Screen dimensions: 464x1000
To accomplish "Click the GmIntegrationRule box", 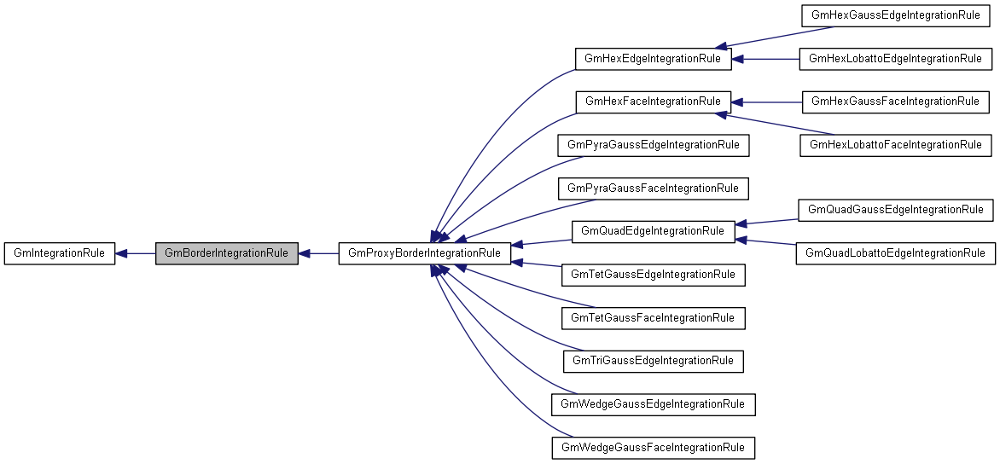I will click(x=59, y=253).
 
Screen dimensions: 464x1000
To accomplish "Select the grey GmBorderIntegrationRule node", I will click(x=226, y=253).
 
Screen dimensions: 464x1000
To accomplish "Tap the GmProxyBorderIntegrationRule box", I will click(x=425, y=253).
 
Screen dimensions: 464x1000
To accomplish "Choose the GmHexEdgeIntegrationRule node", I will click(x=653, y=59).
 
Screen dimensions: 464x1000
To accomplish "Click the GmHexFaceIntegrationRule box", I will click(x=653, y=101).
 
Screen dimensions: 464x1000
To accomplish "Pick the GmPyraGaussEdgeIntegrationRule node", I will click(x=653, y=145).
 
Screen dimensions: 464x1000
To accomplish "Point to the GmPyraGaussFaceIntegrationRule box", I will click(x=653, y=188).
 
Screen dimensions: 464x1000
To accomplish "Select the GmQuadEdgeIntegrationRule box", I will click(x=653, y=231).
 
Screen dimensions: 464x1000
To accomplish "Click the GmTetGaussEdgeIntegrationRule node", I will click(x=653, y=275).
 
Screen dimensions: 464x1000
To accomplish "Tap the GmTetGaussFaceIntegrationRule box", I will click(x=653, y=318).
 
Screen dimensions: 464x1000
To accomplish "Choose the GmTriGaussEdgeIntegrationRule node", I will click(x=653, y=361).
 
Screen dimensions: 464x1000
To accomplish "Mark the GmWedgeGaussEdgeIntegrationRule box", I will click(x=654, y=404).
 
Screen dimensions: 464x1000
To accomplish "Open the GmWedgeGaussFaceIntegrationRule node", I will click(x=654, y=447).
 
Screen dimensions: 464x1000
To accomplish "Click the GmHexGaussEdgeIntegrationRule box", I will click(x=895, y=16).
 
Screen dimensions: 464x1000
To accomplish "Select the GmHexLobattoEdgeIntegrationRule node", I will click(x=895, y=59).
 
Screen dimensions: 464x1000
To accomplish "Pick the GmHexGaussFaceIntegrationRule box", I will click(x=895, y=101).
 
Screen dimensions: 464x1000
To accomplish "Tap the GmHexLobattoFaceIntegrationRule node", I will click(x=895, y=145).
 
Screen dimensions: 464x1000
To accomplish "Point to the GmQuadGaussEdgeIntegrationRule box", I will click(x=895, y=209).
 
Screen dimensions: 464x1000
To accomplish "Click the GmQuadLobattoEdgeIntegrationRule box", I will click(x=895, y=253).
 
